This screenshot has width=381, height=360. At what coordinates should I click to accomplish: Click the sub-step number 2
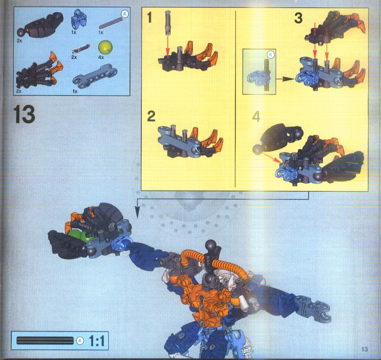tap(151, 116)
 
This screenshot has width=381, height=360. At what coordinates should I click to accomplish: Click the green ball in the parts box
tap(106, 47)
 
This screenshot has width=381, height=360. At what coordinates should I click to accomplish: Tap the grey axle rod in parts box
tap(111, 23)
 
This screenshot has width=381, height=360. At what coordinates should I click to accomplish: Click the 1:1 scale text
tap(96, 341)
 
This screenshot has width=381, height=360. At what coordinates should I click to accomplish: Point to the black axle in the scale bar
tap(45, 340)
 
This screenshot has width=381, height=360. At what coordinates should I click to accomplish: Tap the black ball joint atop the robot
tap(209, 246)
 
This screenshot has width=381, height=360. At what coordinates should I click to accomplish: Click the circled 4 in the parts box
tap(124, 14)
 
